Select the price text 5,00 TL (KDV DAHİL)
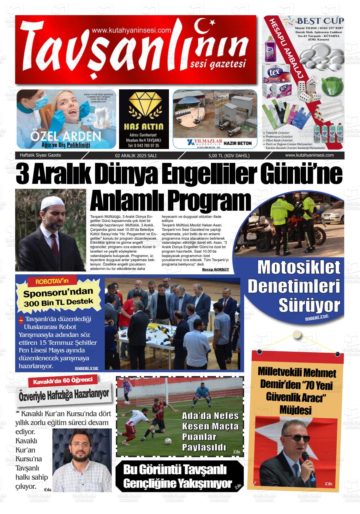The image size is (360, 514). [x=229, y=155]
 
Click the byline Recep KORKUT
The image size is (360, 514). [x=215, y=269]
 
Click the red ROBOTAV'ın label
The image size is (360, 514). [x=52, y=281]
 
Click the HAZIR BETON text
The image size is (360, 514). [x=237, y=143]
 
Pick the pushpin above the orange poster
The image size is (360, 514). [x=297, y=334]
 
